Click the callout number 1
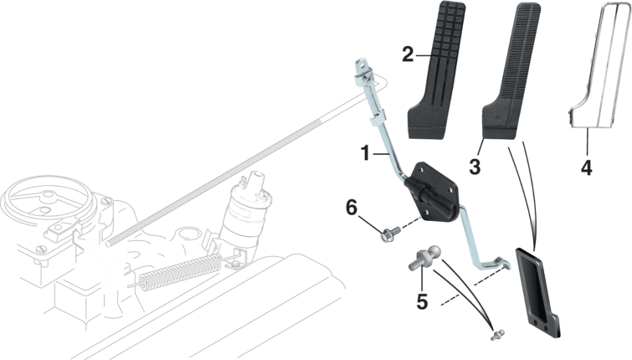pyautogui.click(x=365, y=153)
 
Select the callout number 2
pyautogui.click(x=408, y=54)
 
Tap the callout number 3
pyautogui.click(x=475, y=167)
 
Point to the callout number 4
pyautogui.click(x=587, y=167)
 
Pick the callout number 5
pyautogui.click(x=422, y=301)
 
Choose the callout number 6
pyautogui.click(x=352, y=208)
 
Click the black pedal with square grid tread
pyautogui.click(x=437, y=70)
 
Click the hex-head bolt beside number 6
pyautogui.click(x=389, y=233)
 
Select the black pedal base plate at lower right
pyautogui.click(x=537, y=292)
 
